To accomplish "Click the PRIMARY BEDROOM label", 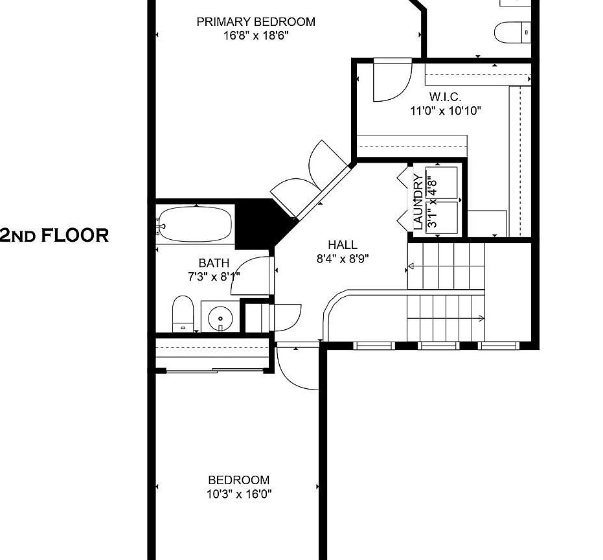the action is click(x=256, y=21).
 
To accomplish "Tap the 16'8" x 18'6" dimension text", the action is click(x=256, y=36).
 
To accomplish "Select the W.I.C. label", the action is click(x=446, y=96).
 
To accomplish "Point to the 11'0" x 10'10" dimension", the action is click(x=446, y=111).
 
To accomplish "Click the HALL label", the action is click(x=343, y=245).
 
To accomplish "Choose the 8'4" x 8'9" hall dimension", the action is click(x=343, y=259).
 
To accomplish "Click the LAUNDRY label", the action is click(x=418, y=202).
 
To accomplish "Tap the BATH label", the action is click(x=214, y=263).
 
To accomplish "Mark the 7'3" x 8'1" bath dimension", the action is click(x=214, y=277).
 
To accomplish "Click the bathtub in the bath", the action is click(x=196, y=224).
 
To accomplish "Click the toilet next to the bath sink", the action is click(x=183, y=314).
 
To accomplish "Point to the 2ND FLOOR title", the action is click(x=54, y=235).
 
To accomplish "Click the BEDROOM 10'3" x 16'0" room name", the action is click(x=239, y=480).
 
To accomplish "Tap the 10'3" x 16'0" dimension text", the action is click(x=239, y=494).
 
